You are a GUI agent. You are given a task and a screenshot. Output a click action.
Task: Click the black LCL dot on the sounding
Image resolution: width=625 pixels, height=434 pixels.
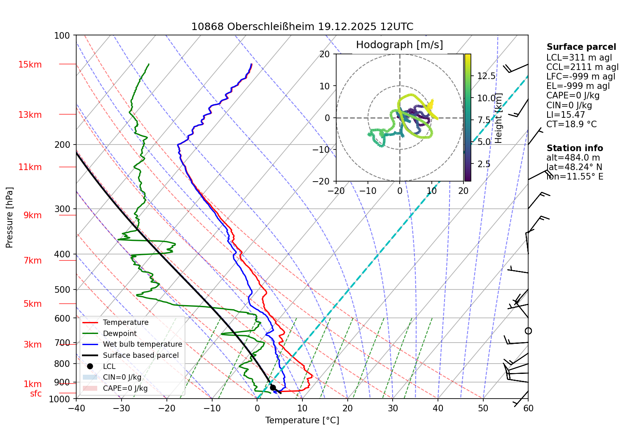click(x=273, y=387)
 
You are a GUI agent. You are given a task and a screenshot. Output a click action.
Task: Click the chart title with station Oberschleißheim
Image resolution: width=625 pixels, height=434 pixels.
click(x=302, y=27)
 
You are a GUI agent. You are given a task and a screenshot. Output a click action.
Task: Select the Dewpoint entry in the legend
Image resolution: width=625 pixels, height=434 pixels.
click(x=119, y=334)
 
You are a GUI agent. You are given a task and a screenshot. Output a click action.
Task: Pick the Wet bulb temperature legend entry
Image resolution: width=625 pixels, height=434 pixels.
click(x=142, y=344)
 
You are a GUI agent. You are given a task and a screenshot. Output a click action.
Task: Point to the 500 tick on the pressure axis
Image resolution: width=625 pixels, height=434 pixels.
click(x=62, y=289)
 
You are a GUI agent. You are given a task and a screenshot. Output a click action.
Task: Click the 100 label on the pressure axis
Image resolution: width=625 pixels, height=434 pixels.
click(x=62, y=36)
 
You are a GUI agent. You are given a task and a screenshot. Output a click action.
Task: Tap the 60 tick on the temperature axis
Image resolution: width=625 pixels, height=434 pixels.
click(x=528, y=408)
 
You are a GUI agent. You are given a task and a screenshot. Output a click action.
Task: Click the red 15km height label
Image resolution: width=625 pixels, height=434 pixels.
click(x=30, y=65)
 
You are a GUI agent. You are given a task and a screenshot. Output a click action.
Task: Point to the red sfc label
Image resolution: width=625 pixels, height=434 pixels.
click(x=36, y=394)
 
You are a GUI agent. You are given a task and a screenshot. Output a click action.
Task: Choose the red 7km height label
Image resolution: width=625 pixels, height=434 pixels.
click(x=33, y=261)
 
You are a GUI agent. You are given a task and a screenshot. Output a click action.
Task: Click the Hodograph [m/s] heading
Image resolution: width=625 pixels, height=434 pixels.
click(x=399, y=45)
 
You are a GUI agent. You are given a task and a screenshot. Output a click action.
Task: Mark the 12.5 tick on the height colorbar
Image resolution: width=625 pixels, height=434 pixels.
click(x=486, y=76)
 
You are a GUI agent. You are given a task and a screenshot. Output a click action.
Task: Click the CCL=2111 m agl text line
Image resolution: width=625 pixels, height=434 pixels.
click(x=582, y=67)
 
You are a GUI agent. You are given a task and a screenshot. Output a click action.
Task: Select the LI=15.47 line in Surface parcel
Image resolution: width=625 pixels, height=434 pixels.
click(x=565, y=115)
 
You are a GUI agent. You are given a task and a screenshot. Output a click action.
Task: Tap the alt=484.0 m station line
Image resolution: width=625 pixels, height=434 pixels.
click(x=573, y=158)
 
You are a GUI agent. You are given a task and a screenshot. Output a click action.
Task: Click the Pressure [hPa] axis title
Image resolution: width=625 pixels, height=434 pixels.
click(x=9, y=217)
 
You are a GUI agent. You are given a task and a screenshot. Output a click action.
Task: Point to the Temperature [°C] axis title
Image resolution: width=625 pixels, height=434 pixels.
click(x=302, y=420)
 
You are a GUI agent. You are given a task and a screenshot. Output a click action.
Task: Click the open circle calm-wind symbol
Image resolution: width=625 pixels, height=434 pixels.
click(x=528, y=331)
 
